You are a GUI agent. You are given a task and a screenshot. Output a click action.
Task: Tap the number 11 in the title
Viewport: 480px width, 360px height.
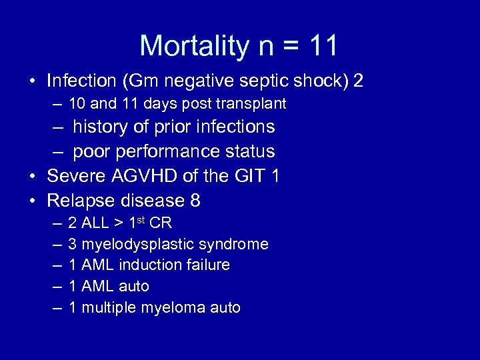pyautogui.click(x=324, y=46)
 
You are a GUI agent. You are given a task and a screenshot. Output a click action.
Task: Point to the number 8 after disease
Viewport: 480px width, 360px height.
pyautogui.click(x=195, y=201)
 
